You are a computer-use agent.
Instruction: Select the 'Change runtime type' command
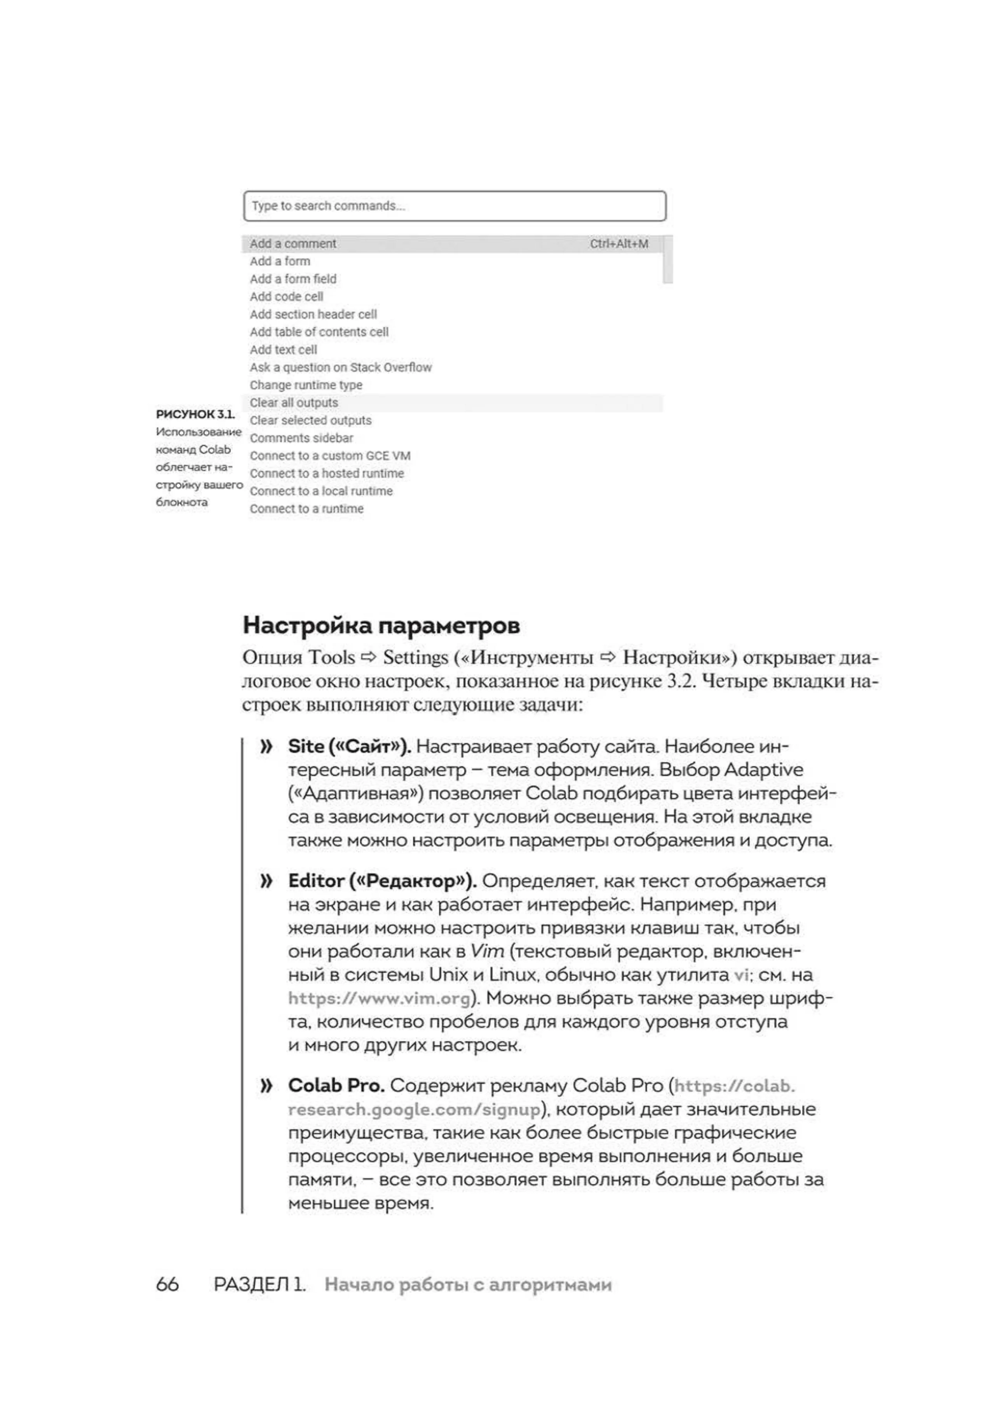pos(306,385)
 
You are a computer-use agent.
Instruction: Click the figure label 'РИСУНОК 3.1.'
pos(195,414)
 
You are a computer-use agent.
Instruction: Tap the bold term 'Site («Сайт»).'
pos(349,746)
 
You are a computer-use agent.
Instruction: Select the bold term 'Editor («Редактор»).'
pos(382,881)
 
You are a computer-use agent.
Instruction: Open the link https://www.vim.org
pos(379,998)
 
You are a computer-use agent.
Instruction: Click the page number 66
pos(167,1284)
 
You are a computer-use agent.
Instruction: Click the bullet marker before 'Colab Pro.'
pos(267,1085)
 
